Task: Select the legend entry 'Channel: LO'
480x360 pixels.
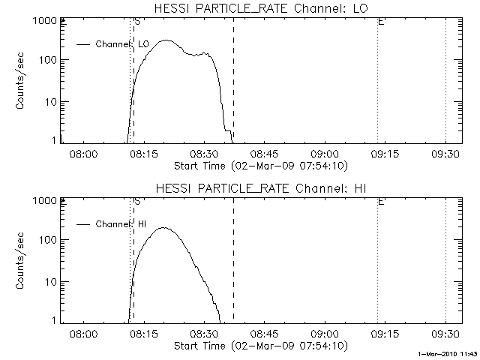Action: click(x=123, y=44)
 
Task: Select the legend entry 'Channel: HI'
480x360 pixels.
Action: click(x=122, y=224)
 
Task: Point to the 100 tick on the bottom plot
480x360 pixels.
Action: click(x=48, y=240)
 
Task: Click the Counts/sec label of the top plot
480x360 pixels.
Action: click(x=22, y=81)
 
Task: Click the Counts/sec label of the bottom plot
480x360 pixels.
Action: click(x=22, y=261)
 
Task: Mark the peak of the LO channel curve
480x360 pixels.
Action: click(x=166, y=40)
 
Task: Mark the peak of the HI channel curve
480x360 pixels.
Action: click(x=163, y=227)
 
